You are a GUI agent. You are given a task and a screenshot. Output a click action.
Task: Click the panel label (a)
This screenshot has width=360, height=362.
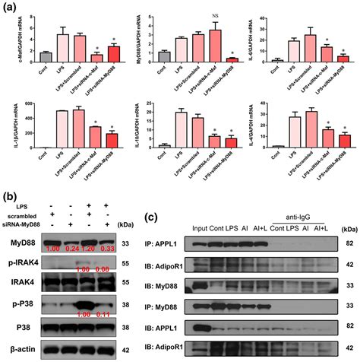9,8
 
